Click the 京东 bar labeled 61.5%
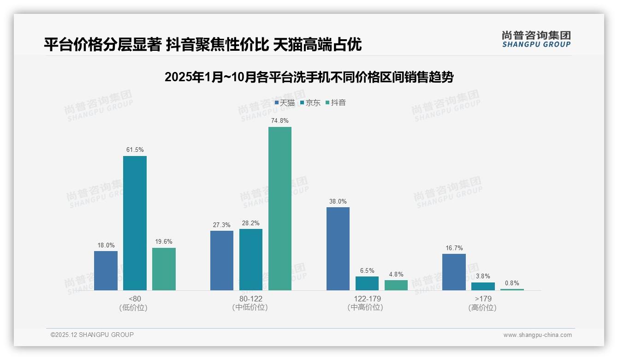[x=135, y=223]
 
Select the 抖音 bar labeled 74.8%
[x=280, y=209]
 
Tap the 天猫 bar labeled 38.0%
[x=338, y=249]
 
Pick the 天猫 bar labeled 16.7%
[x=454, y=272]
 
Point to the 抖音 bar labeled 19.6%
[x=164, y=269]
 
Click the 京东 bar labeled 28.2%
[x=251, y=259]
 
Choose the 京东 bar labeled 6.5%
[x=367, y=283]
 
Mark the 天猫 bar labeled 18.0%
[x=106, y=270]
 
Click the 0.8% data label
[x=512, y=283]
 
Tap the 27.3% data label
[x=222, y=225]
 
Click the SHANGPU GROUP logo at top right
[x=536, y=39]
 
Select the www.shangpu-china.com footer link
[x=537, y=335]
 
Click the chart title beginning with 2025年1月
[x=309, y=77]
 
